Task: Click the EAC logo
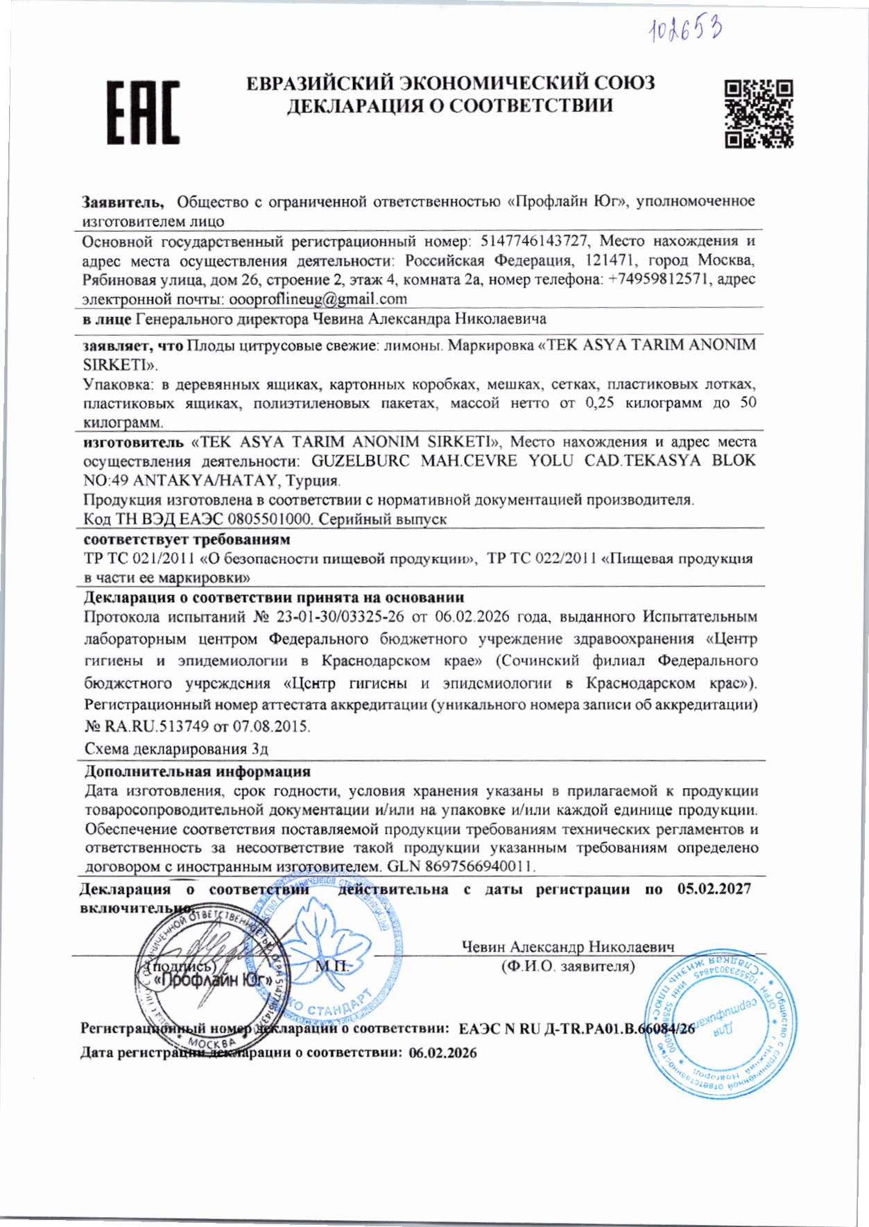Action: (143, 112)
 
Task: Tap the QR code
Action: (759, 114)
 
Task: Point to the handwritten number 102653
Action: (685, 30)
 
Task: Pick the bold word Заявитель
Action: (123, 202)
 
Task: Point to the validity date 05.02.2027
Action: (714, 889)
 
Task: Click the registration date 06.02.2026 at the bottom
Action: (442, 1053)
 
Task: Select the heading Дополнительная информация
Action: (198, 771)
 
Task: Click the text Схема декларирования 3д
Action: (176, 749)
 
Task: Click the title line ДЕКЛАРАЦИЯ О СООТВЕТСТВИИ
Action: (450, 105)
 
